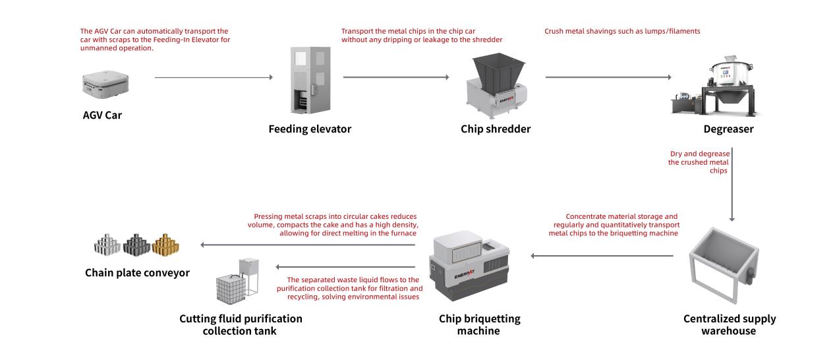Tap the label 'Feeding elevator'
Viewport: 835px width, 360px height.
coord(309,129)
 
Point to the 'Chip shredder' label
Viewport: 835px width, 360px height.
coord(495,129)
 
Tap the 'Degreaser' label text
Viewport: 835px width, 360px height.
coord(728,129)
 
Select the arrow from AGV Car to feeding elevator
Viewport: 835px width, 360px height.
coord(214,78)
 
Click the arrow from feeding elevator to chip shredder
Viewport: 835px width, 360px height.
coord(396,78)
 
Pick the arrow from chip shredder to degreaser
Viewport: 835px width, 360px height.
coord(608,78)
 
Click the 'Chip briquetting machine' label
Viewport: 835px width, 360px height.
coord(479,324)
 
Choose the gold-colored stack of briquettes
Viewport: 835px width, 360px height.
coord(165,245)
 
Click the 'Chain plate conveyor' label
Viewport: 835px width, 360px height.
coord(137,272)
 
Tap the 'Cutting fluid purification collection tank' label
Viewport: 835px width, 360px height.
coord(241,324)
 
